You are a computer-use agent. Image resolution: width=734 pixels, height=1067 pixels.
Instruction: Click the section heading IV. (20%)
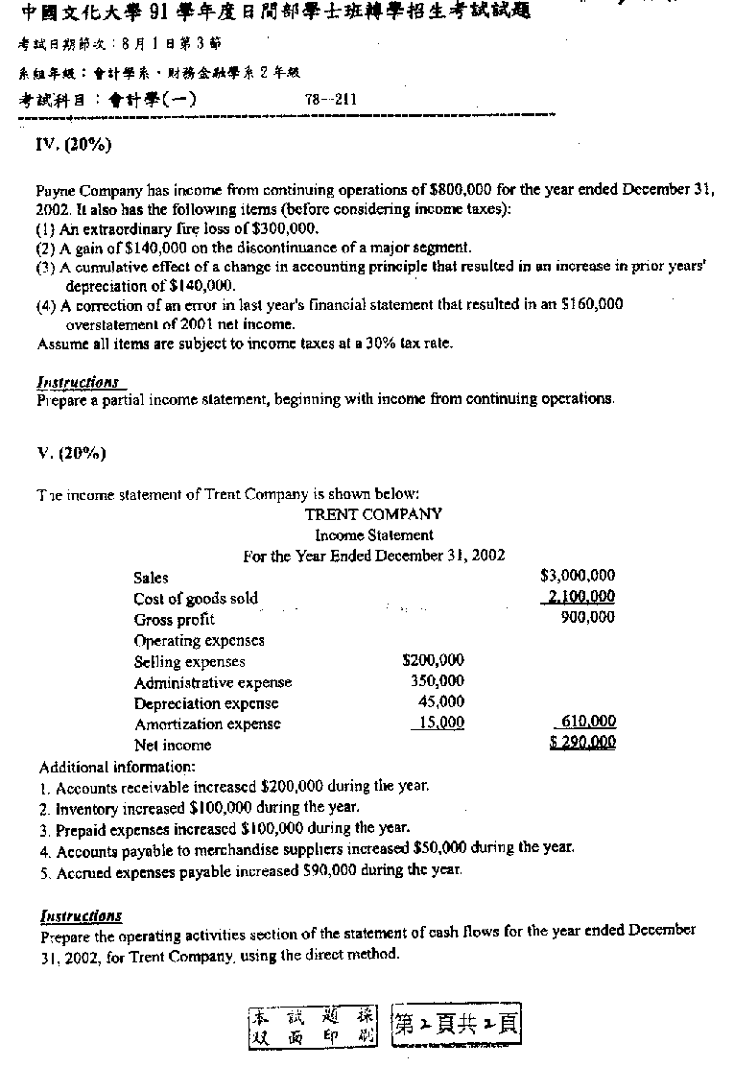pyautogui.click(x=73, y=146)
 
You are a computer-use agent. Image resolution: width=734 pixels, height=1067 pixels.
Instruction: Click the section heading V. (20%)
pyautogui.click(x=71, y=454)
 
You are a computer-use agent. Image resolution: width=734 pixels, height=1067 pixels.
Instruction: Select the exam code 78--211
pyautogui.click(x=331, y=99)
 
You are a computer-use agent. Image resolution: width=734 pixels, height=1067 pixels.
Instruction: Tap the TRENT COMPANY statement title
pyautogui.click(x=373, y=514)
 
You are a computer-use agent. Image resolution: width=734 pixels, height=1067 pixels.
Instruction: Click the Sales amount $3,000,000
pyautogui.click(x=578, y=576)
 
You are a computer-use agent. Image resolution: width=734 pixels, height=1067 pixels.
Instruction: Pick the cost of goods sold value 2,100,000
pyautogui.click(x=580, y=597)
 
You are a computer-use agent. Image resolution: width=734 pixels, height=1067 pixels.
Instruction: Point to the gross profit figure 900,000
pyautogui.click(x=587, y=618)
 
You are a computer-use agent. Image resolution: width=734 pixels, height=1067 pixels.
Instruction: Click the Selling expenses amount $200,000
pyautogui.click(x=433, y=660)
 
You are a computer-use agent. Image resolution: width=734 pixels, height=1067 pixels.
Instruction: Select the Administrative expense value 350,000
pyautogui.click(x=438, y=681)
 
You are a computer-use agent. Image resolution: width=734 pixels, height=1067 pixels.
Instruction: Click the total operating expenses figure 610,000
pyautogui.click(x=586, y=722)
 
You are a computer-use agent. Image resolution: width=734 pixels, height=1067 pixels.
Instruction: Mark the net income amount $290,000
pyautogui.click(x=582, y=743)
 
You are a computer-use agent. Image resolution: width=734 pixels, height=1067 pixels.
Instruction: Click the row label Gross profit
pyautogui.click(x=174, y=620)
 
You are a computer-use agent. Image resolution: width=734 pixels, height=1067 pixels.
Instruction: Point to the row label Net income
pyautogui.click(x=173, y=746)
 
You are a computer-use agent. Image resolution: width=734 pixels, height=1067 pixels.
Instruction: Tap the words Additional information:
pyautogui.click(x=117, y=768)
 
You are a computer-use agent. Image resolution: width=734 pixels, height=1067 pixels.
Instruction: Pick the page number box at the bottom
pyautogui.click(x=457, y=1025)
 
